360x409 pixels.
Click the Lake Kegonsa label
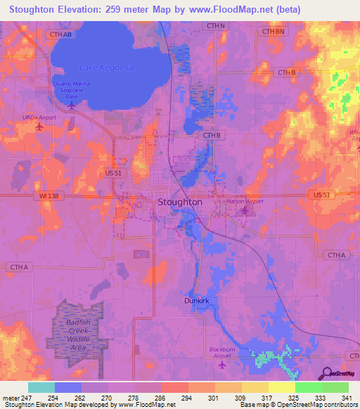[106, 67]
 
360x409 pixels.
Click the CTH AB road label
[61, 33]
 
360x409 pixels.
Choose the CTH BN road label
[274, 32]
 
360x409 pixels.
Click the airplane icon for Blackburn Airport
[223, 365]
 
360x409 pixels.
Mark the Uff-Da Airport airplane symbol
[39, 127]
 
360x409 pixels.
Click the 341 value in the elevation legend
[347, 398]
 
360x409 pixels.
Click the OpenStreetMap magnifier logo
[328, 372]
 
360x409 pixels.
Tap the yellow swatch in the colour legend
[282, 387]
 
